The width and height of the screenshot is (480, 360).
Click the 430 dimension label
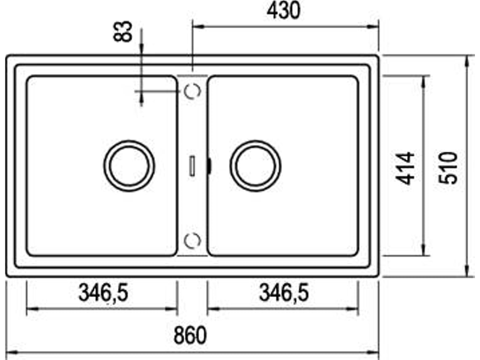(x=283, y=11)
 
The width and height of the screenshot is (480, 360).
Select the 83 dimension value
(x=123, y=31)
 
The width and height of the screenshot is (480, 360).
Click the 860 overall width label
(x=190, y=336)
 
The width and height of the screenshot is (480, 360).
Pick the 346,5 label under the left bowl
(x=103, y=293)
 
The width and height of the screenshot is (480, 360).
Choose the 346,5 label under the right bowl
(x=284, y=293)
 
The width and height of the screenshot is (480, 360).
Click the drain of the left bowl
(x=129, y=165)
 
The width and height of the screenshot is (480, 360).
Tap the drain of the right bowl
(x=256, y=165)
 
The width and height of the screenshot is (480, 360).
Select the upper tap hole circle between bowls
(x=193, y=91)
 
